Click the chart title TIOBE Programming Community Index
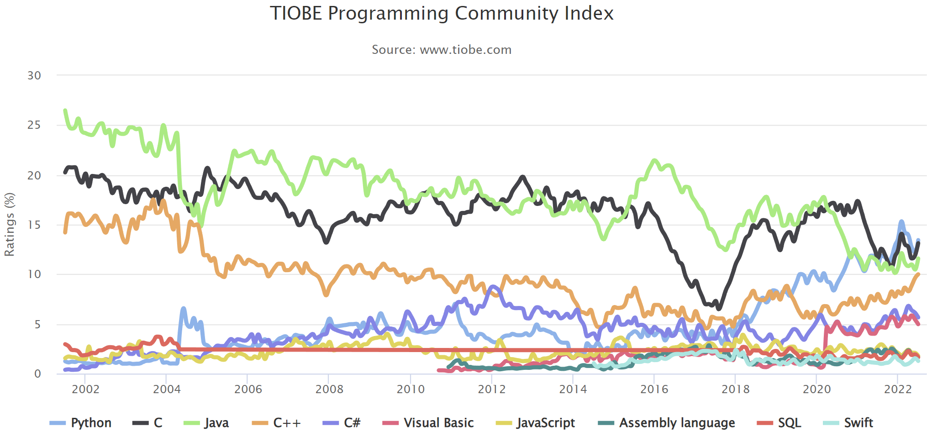coord(441,14)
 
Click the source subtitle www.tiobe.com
coord(441,49)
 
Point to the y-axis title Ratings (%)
coord(10,224)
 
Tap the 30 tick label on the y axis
coord(34,75)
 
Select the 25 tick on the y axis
coord(34,125)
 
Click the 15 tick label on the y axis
coord(34,225)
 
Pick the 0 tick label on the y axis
coord(37,374)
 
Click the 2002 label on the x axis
coord(85,389)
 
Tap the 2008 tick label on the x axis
coord(329,389)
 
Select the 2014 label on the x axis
coord(573,389)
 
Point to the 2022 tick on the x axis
coord(898,389)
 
